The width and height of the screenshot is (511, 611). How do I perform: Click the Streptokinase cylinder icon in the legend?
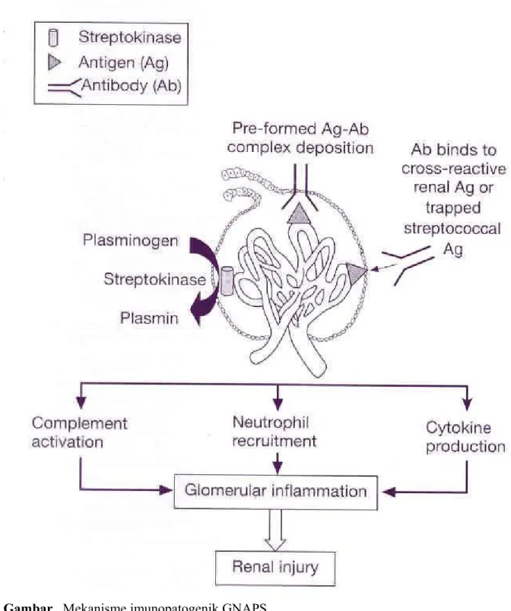point(53,38)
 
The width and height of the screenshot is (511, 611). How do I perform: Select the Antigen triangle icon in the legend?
point(54,63)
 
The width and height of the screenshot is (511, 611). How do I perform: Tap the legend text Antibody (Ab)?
point(132,86)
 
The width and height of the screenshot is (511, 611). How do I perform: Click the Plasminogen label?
point(130,241)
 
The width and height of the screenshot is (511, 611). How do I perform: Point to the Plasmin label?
point(149,318)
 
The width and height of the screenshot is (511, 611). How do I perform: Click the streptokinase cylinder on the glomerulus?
point(227,280)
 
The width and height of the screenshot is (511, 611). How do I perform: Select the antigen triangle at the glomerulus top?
point(298,213)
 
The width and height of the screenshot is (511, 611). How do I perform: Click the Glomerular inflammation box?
point(275,492)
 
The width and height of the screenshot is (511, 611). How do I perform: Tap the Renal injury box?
point(275,568)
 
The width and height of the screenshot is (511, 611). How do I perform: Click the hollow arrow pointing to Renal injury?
point(275,530)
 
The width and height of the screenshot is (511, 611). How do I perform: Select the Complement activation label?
point(80,432)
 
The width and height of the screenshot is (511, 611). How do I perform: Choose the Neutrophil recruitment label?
point(275,432)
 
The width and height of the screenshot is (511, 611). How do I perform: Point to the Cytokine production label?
point(465,437)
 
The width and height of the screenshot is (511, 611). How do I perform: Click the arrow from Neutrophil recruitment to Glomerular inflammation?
point(277,464)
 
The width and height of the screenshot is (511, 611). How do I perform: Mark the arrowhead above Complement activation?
point(81,403)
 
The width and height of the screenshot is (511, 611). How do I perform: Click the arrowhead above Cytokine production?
point(467,404)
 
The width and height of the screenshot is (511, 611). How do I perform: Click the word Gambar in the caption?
point(27,606)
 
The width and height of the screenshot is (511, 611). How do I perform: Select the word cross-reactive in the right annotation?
point(454,169)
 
